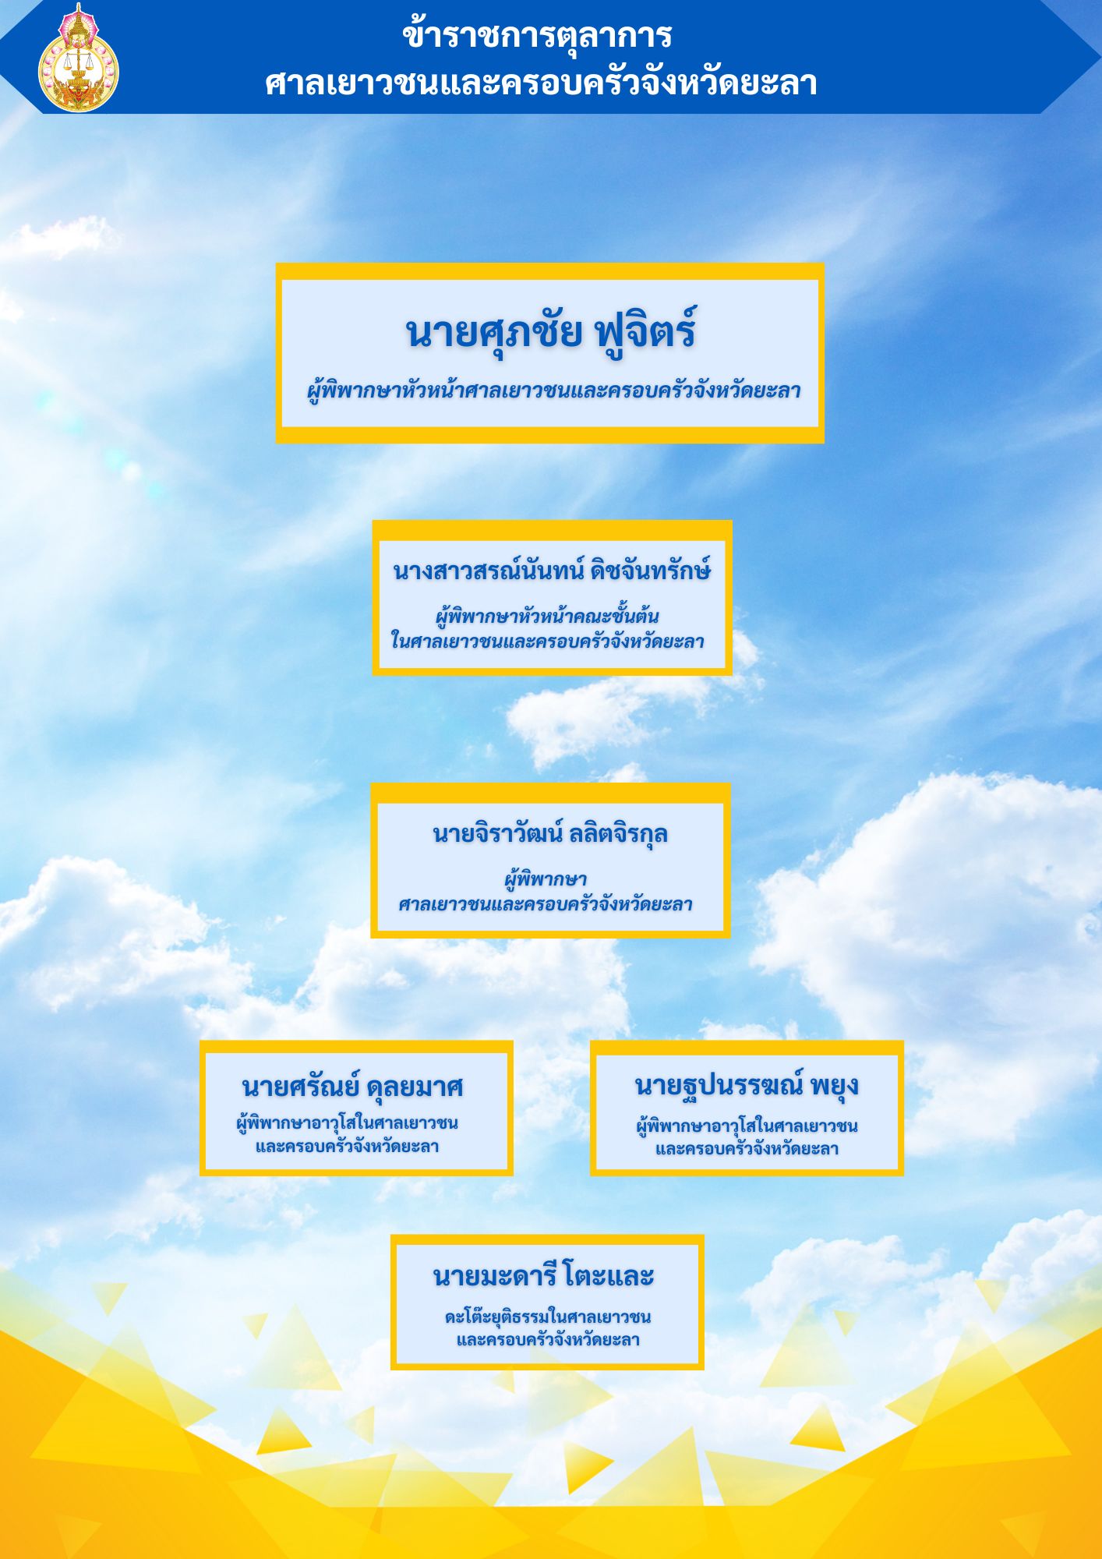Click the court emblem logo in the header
79,58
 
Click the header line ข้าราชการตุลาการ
537,35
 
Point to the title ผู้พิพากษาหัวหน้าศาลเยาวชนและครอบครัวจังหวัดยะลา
553,391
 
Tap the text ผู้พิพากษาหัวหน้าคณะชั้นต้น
547,616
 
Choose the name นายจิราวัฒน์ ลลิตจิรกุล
550,833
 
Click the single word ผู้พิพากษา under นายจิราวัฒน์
546,880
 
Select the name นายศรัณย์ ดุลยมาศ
353,1086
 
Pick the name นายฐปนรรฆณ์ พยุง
747,1085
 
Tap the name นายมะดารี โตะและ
543,1276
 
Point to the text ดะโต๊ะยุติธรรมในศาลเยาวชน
547,1317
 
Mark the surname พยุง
835,1086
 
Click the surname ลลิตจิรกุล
618,833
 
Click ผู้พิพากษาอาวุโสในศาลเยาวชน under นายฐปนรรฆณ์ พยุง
747,1126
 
